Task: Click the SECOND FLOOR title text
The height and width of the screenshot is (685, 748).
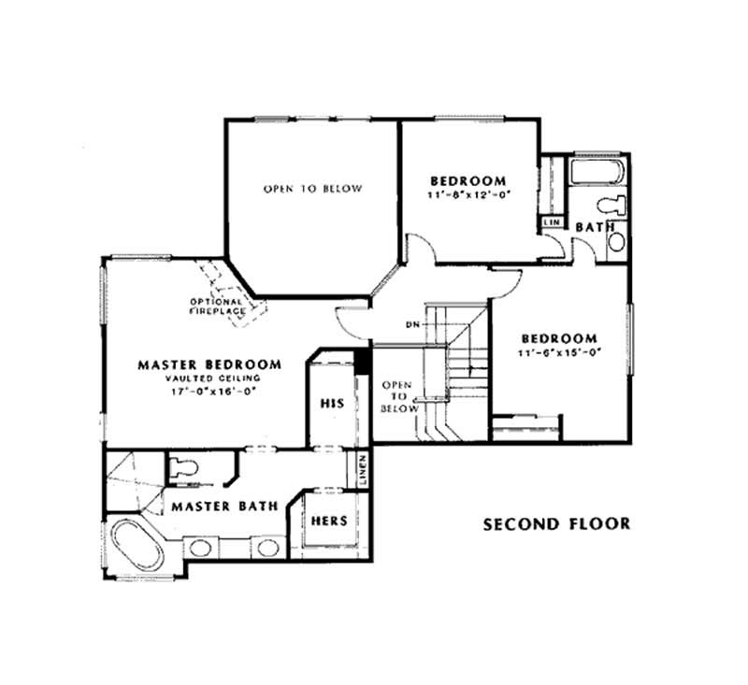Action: point(556,523)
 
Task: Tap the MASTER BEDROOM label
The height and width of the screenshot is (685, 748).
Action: point(209,364)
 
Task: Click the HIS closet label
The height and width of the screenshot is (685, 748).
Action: point(332,404)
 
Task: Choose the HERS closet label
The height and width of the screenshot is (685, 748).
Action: point(330,520)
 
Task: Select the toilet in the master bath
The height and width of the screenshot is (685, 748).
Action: point(182,469)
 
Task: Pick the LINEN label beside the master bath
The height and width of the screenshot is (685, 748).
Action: point(362,469)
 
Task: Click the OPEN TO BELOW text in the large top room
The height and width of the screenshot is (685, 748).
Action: point(311,189)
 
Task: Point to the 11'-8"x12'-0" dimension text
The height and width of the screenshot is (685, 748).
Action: point(468,196)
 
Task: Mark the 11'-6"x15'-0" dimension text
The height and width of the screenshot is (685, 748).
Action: point(559,352)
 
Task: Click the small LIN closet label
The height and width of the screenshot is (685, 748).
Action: point(551,222)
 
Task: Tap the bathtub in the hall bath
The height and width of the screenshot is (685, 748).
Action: point(598,172)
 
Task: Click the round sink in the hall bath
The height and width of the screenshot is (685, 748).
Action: point(616,243)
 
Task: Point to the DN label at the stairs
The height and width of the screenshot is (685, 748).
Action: point(411,324)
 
